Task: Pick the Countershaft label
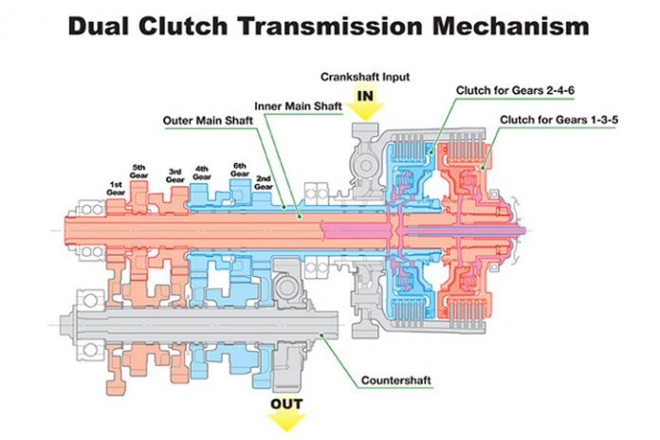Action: (x=396, y=381)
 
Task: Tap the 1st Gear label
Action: (x=116, y=188)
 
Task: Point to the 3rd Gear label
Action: (x=174, y=174)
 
